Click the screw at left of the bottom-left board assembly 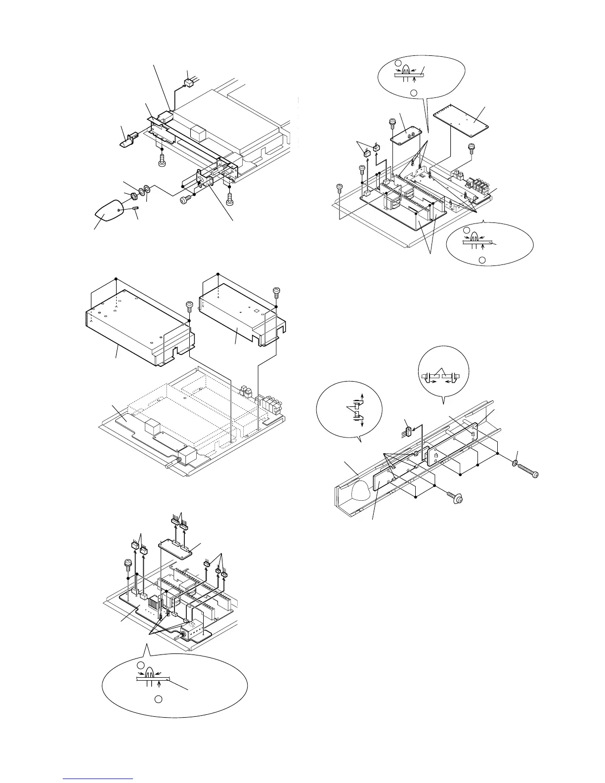128,563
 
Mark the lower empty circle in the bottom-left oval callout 158,699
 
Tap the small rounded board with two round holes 408,133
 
